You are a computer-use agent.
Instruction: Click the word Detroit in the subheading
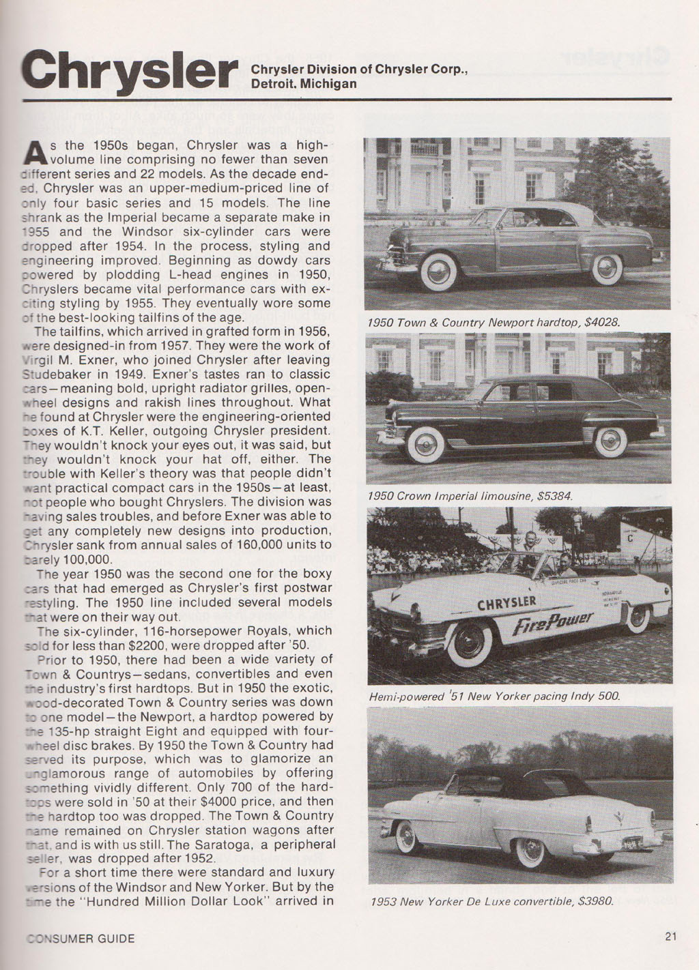[273, 84]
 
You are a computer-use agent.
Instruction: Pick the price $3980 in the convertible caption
[595, 901]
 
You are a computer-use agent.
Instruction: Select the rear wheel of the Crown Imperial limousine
[609, 442]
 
